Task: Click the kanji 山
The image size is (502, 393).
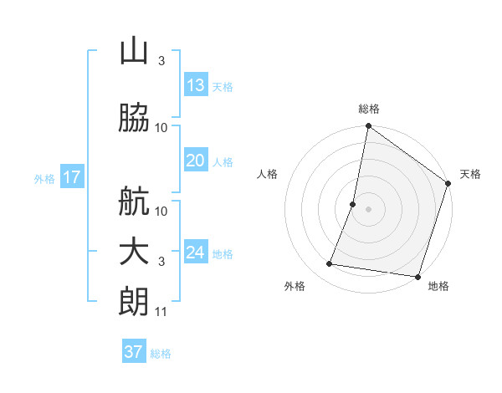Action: coord(134,52)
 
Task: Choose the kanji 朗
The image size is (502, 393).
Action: coord(134,302)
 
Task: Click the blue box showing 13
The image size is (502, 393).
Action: coord(195,85)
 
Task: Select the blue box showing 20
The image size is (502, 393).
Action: coord(195,161)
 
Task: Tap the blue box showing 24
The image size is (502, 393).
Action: coord(195,253)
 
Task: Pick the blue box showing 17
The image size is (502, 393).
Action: coord(71,177)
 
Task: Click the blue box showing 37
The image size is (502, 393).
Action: coord(133,352)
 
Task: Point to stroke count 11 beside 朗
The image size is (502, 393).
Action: coord(161,312)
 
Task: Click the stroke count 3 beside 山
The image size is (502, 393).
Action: coord(161,61)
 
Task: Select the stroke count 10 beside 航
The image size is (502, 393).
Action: coord(161,211)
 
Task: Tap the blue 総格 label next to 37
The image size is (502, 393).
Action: coord(161,354)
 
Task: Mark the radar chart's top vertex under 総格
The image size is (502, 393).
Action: coord(368,127)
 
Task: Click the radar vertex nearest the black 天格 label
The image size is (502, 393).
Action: coord(448,184)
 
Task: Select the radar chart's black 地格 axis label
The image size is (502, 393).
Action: coord(438,286)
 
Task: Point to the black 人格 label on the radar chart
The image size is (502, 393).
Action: coord(268,174)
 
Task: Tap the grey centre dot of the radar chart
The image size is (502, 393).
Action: coord(368,209)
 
